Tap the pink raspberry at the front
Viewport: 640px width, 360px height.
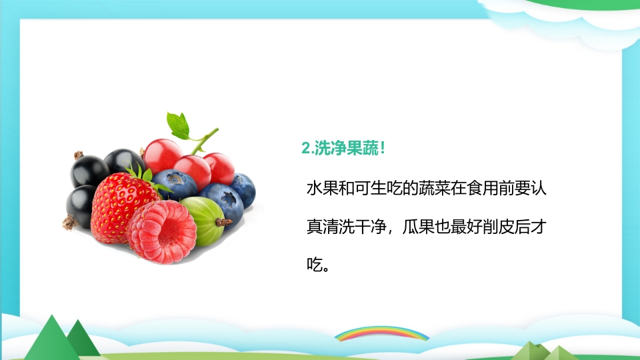tap(161, 231)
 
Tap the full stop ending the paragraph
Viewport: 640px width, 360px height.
tap(326, 269)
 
